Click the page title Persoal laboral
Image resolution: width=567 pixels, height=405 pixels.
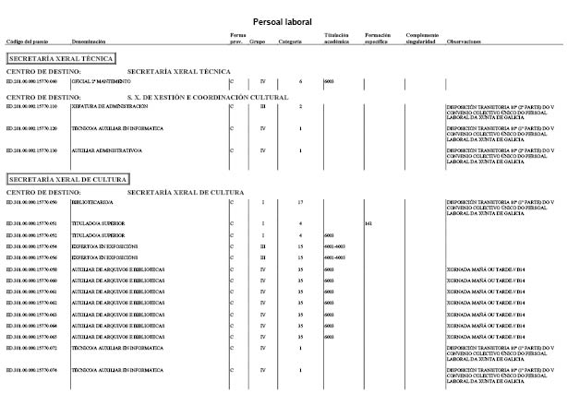coord(282,21)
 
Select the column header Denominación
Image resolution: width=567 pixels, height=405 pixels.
coord(89,42)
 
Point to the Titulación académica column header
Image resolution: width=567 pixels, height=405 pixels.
coord(336,39)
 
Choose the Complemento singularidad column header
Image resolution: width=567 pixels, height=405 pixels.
coord(421,39)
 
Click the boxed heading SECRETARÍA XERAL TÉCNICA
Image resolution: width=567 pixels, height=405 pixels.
coord(60,58)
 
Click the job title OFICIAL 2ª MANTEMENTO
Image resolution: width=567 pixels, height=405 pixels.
coord(97,82)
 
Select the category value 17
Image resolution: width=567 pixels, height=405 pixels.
coord(301,201)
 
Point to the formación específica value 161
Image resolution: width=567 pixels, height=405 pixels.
coord(368,223)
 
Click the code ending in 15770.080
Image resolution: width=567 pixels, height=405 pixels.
coord(31,82)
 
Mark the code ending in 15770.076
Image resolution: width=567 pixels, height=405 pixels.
coord(31,370)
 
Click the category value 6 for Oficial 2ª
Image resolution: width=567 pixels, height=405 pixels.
coord(301,82)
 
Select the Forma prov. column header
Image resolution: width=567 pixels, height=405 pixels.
coord(238,39)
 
